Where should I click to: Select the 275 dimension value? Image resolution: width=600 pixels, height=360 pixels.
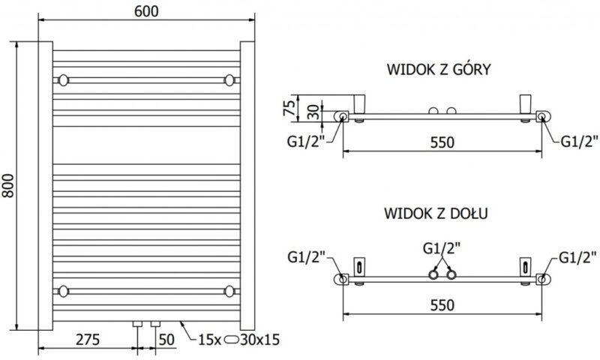click(x=87, y=339)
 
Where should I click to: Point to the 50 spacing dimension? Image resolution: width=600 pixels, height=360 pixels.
click(x=167, y=339)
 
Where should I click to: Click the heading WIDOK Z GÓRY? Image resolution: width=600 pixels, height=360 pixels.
click(x=439, y=70)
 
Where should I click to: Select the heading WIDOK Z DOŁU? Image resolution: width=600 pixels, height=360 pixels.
click(x=438, y=213)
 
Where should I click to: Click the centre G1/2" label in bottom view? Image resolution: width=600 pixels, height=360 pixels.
click(x=440, y=247)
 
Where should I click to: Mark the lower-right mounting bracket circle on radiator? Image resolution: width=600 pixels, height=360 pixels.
click(x=229, y=289)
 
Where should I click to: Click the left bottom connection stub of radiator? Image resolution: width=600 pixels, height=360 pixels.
click(x=137, y=325)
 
